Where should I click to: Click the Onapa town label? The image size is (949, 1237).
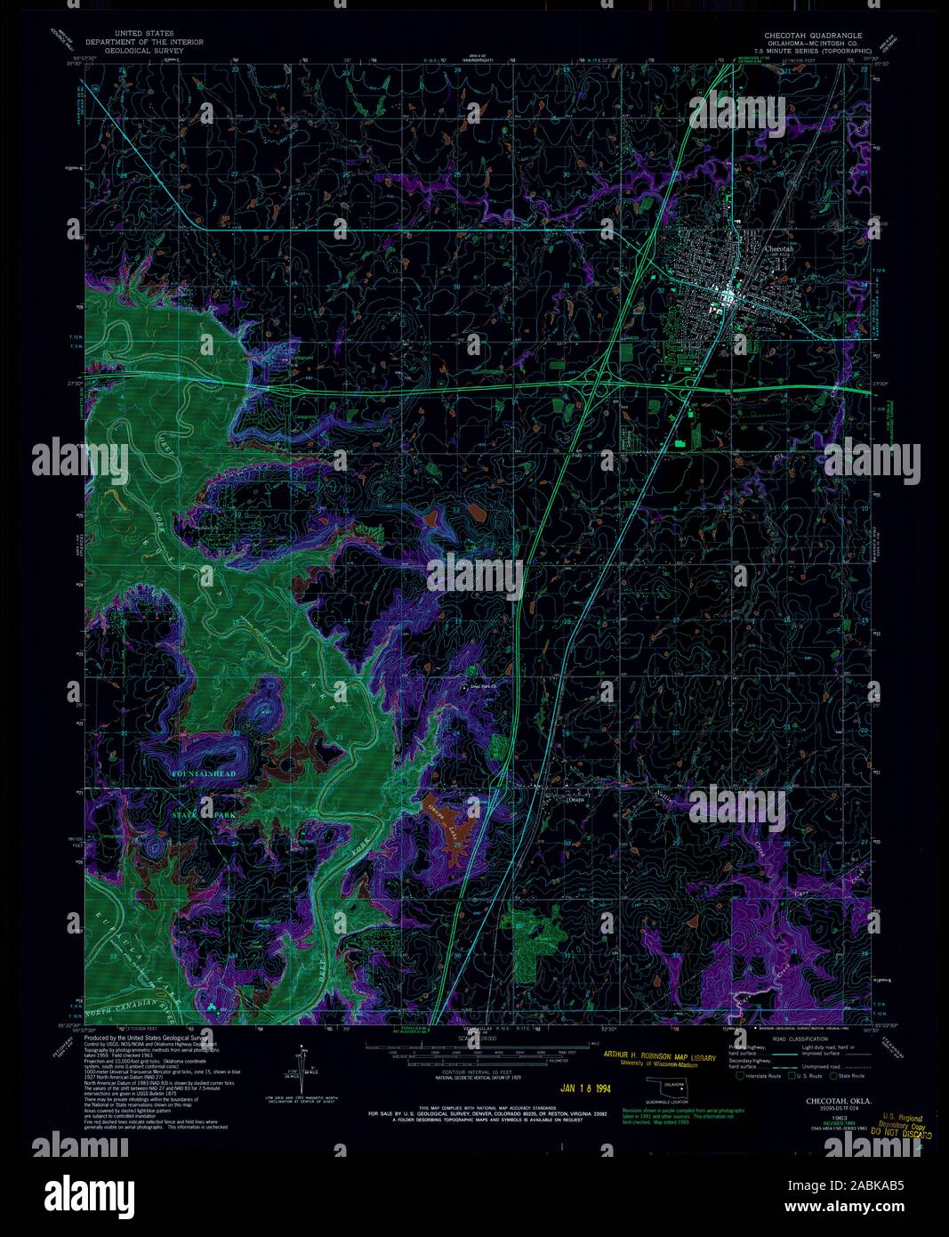579,799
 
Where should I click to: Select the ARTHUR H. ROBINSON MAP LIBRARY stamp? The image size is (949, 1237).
660,1056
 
